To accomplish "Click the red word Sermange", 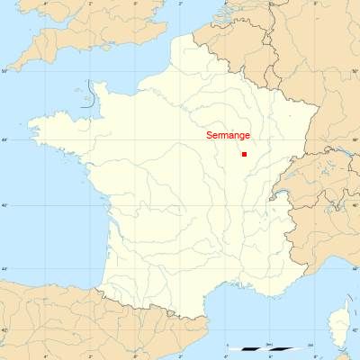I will pyautogui.click(x=227, y=136).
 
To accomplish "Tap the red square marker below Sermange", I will pyautogui.click(x=244, y=154).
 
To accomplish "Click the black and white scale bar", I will pyautogui.click(x=269, y=348).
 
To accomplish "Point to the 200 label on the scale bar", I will pyautogui.click(x=310, y=344).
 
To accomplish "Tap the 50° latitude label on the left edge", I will pyautogui.click(x=4, y=71).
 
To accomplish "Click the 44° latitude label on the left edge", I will pyautogui.click(x=4, y=268).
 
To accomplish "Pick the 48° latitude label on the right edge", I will pyautogui.click(x=355, y=140).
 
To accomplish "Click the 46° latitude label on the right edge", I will pyautogui.click(x=355, y=206).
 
